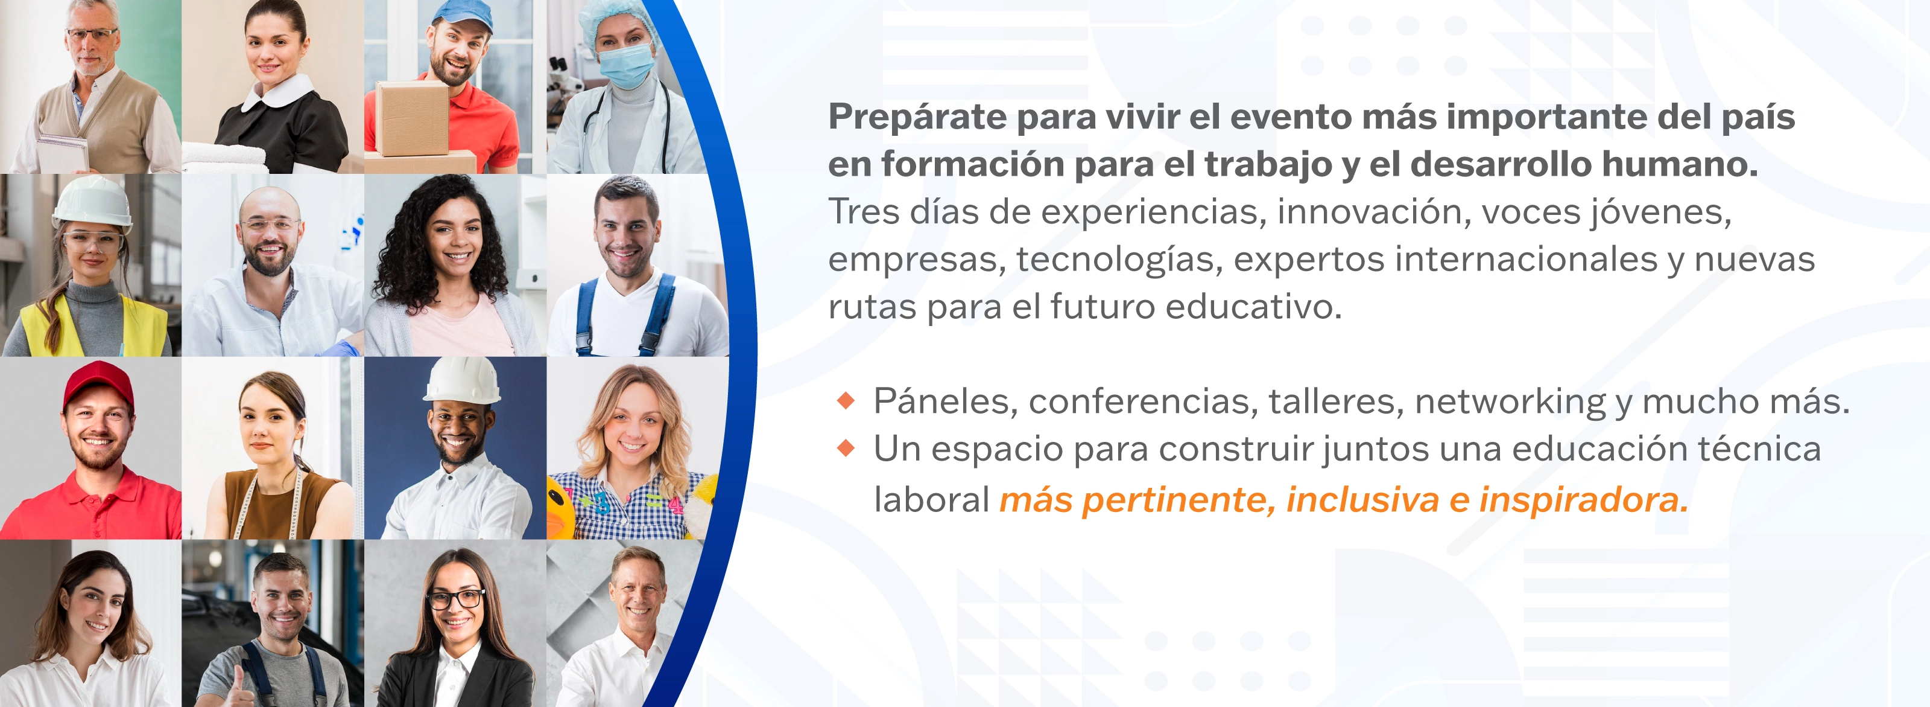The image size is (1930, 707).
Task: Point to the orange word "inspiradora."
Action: point(1583,500)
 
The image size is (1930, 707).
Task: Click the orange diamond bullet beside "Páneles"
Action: point(846,400)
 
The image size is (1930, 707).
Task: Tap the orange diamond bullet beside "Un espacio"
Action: point(846,449)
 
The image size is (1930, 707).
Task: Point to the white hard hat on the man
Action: point(462,380)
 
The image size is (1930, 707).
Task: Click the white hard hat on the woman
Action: point(92,202)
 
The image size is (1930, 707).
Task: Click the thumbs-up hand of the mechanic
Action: point(239,686)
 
